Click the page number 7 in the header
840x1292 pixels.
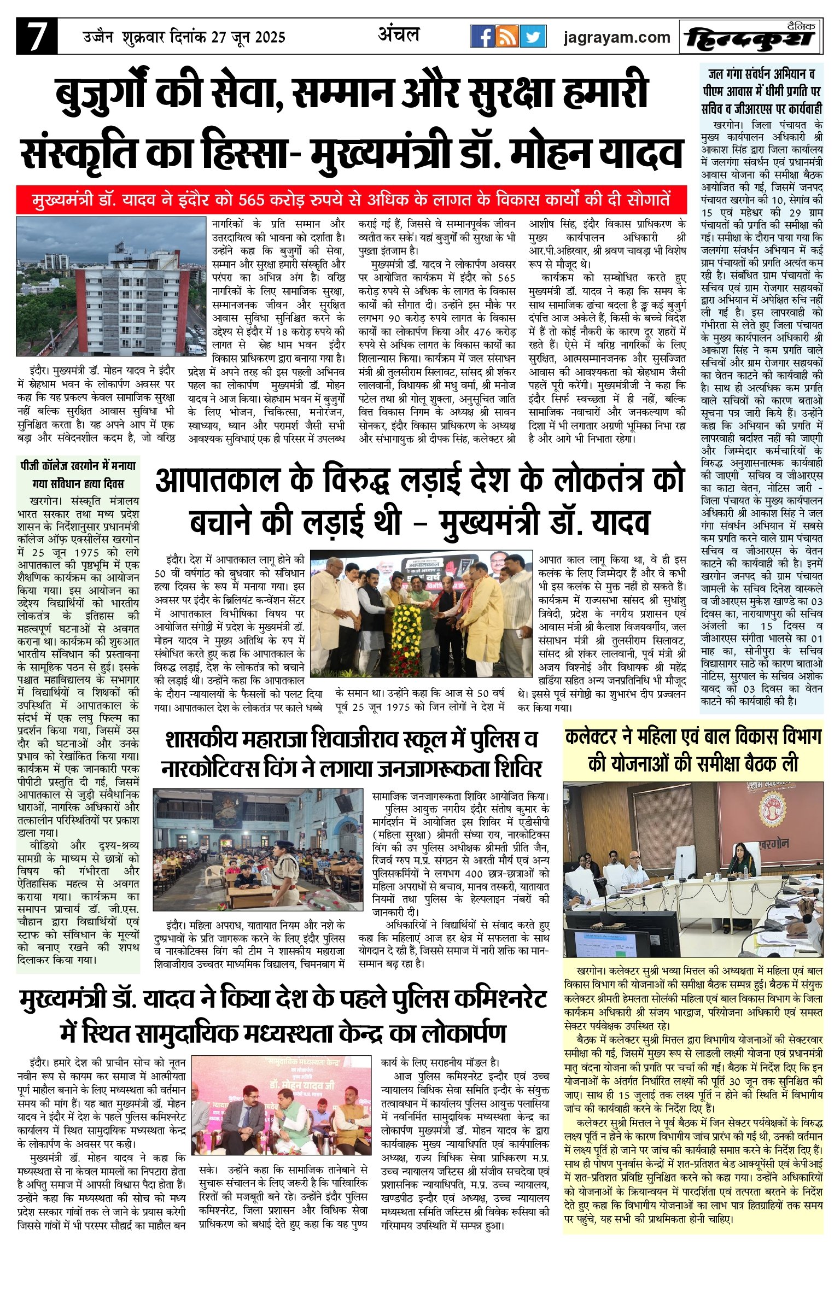[36, 37]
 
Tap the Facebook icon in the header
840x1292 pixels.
[482, 37]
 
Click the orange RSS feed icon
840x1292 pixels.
[507, 37]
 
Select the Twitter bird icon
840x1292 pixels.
[533, 37]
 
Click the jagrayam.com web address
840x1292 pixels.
[617, 37]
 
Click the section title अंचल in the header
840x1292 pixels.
[399, 35]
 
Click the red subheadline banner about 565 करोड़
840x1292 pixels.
[351, 200]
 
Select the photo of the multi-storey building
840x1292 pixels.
[111, 287]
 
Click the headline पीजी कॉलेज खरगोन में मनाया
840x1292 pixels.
[78, 466]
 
